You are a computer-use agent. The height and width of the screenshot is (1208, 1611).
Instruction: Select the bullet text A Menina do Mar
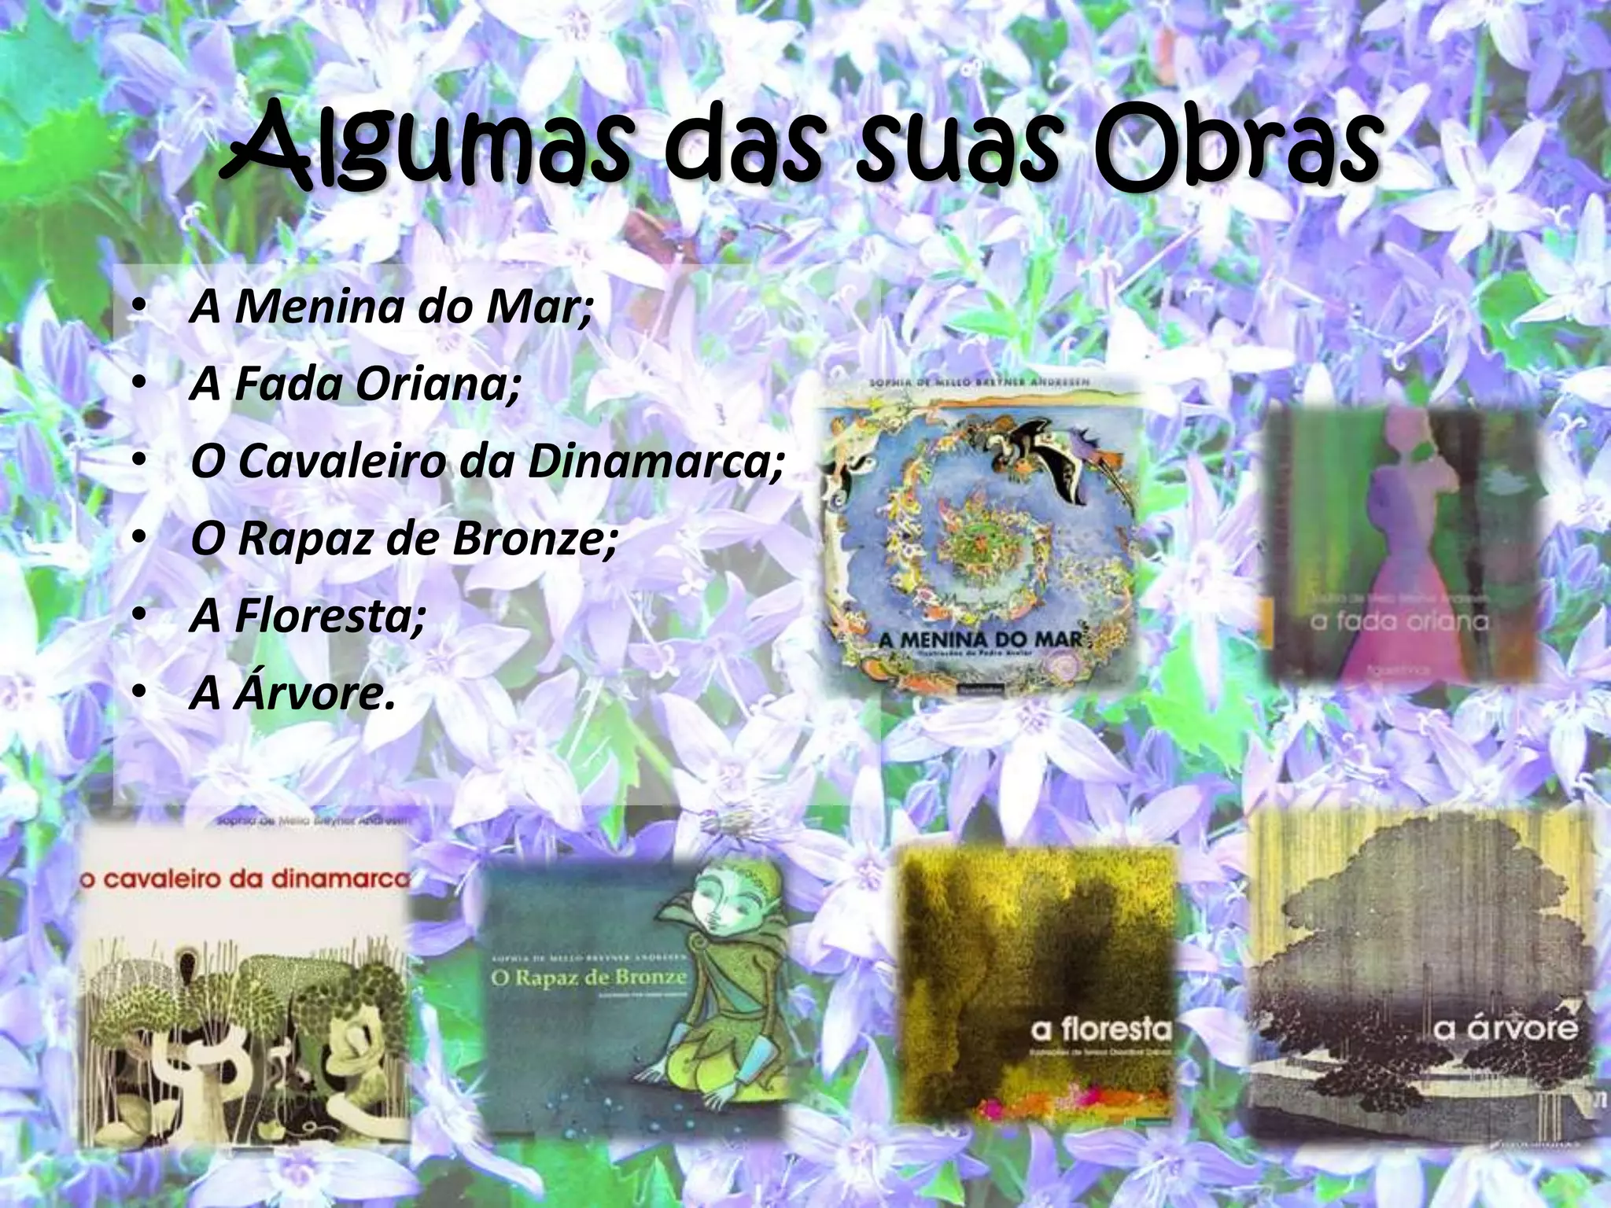[390, 308]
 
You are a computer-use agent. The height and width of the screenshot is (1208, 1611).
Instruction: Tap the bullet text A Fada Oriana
[355, 385]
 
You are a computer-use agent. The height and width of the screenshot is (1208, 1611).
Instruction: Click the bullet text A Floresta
[308, 617]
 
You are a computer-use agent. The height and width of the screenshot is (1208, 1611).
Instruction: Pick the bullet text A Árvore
[291, 694]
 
